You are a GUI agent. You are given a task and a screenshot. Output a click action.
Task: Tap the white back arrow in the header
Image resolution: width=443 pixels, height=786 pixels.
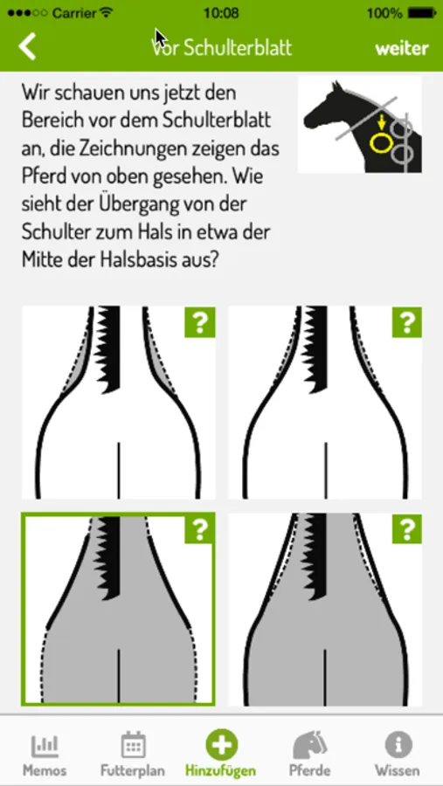pos(27,47)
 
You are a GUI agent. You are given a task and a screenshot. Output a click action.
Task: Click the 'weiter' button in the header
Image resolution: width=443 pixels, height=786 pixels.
pos(402,48)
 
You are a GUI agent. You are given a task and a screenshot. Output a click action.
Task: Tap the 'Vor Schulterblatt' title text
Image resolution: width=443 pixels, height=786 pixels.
pos(221,48)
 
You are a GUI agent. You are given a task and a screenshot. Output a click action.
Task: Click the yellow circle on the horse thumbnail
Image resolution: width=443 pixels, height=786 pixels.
pos(380,142)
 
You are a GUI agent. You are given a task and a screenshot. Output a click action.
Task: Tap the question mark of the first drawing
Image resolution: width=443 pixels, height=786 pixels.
pos(200,321)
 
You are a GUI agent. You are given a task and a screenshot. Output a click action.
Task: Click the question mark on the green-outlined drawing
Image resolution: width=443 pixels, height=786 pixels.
pos(200,528)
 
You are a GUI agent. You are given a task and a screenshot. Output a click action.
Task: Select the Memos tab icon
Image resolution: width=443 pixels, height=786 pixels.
pos(45,746)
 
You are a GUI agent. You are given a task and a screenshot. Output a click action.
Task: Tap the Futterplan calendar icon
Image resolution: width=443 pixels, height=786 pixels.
pos(133,744)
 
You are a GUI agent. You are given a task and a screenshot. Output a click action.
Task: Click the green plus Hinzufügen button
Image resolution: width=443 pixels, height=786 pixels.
pos(221,744)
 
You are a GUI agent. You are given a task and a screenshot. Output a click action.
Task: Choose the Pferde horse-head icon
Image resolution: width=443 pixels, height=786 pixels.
pos(309,744)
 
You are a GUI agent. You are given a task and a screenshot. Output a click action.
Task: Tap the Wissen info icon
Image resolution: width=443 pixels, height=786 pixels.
pos(398,744)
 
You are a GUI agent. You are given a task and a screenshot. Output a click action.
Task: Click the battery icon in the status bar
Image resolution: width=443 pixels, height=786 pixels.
pos(421,13)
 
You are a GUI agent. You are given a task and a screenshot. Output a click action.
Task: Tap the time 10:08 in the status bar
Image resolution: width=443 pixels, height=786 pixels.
pos(221,13)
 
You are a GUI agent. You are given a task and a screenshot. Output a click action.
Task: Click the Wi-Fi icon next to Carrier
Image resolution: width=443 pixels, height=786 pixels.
pos(107,13)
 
